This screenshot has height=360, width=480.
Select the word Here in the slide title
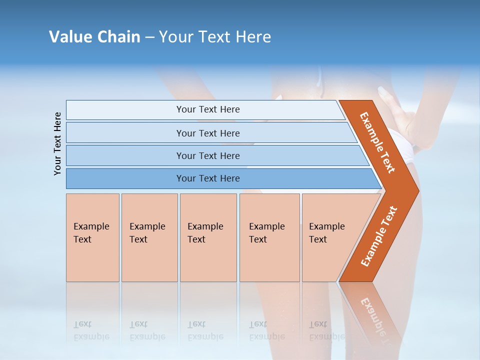[x=253, y=37]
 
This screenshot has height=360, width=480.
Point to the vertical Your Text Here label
[x=58, y=144]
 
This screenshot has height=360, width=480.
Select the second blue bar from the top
[x=207, y=133]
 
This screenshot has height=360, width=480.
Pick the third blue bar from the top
[x=207, y=155]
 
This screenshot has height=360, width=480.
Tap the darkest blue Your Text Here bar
[x=207, y=178]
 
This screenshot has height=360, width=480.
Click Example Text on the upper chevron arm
[x=377, y=142]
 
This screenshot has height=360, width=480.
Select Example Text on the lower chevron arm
[x=379, y=236]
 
